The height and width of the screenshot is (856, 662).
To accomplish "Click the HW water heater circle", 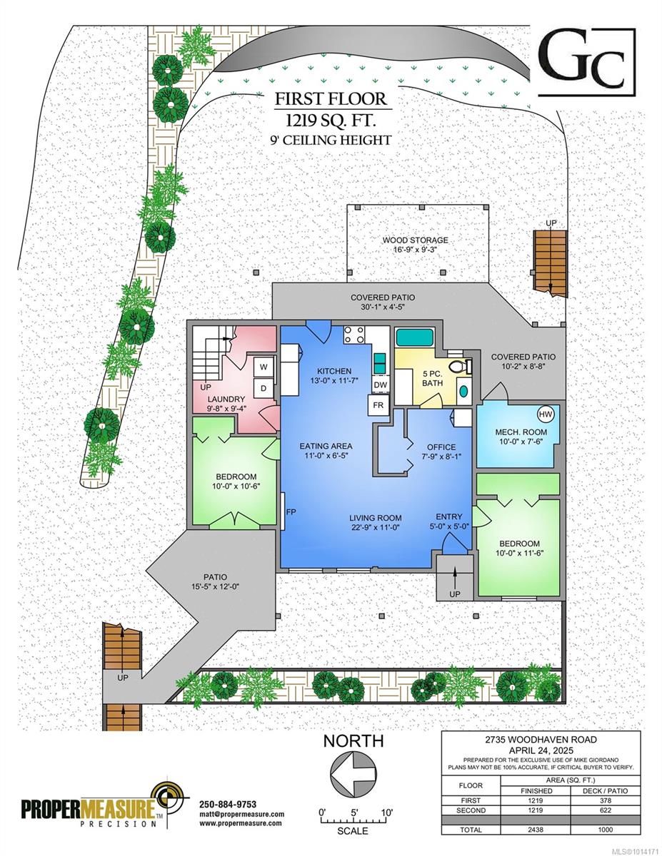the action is [x=546, y=414].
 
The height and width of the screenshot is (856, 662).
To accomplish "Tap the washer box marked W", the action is [x=264, y=367].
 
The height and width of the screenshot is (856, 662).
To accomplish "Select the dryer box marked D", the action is [x=264, y=389].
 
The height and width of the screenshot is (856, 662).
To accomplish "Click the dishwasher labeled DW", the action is [x=381, y=385].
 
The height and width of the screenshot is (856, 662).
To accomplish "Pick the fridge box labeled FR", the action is [x=378, y=405].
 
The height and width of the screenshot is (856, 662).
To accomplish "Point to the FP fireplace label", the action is [x=291, y=511].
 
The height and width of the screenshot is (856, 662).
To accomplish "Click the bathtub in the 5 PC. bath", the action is [x=415, y=337].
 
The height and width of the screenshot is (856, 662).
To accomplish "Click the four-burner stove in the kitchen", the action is [x=353, y=335].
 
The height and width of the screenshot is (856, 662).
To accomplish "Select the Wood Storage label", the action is [x=415, y=240].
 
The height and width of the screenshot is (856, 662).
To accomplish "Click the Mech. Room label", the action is [x=521, y=432].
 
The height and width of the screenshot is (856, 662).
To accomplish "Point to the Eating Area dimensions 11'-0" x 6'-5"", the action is [x=326, y=456].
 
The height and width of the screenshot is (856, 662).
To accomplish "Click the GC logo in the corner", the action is [x=587, y=62].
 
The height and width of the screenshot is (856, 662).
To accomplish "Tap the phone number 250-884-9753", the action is [x=228, y=805].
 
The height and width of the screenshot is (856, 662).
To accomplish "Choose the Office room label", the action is [x=441, y=447].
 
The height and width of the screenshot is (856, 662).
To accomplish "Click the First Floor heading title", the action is [x=331, y=98].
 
